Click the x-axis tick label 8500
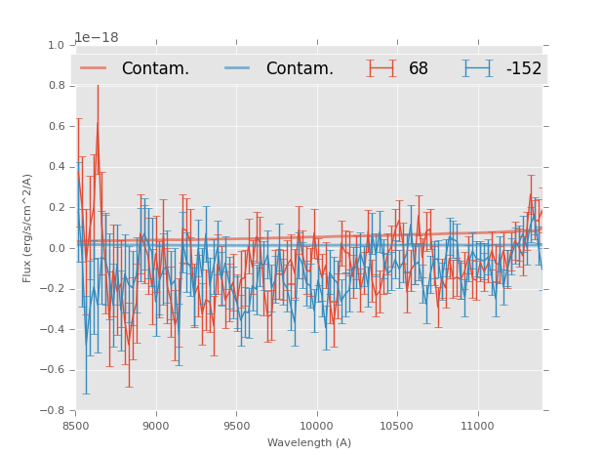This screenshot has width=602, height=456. coord(76,427)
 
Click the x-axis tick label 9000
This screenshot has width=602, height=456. coord(156,427)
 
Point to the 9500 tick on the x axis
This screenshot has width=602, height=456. coord(236,427)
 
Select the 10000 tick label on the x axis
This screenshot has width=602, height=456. coord(316,427)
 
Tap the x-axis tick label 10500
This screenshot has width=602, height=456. coord(397,427)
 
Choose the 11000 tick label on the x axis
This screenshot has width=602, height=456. coord(477,427)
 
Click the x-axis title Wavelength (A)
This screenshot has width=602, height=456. coord(309,442)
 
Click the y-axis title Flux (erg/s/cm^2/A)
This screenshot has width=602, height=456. coord(28,228)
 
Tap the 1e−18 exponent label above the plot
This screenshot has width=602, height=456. coord(97,38)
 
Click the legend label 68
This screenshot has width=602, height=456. coord(419,68)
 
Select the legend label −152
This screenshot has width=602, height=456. coord(524,68)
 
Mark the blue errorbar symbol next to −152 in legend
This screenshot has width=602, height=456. coord(478,68)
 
